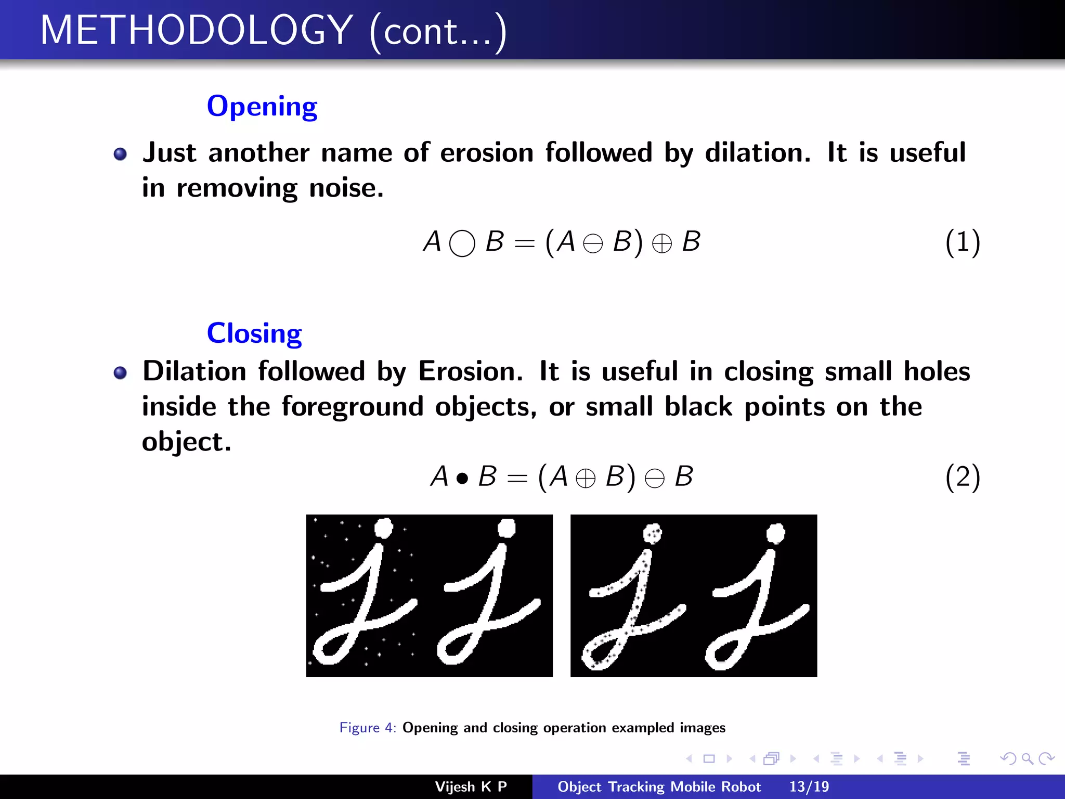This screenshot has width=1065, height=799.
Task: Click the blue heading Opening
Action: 262,107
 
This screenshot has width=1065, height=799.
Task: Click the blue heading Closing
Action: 254,333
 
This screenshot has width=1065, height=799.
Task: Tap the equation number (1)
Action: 963,242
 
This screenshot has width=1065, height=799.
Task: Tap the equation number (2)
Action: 963,477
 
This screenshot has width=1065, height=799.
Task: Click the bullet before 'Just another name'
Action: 120,154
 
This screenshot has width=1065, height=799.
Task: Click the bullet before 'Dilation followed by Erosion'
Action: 120,372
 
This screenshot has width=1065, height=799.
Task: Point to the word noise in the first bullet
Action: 346,188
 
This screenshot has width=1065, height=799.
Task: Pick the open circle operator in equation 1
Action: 462,243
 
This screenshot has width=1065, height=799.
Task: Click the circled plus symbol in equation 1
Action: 661,243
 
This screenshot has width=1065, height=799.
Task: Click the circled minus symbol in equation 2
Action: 654,478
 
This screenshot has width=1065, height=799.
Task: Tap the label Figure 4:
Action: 368,727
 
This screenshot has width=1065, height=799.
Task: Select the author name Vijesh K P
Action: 471,787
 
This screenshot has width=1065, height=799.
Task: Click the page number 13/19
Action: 809,787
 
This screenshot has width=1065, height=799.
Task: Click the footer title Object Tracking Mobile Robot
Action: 659,787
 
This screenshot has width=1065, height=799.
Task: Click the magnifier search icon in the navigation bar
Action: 1027,758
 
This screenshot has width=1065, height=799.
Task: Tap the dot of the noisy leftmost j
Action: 384,528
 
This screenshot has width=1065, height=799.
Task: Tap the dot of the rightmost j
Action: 775,533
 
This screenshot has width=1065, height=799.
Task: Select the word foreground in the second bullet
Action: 352,407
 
